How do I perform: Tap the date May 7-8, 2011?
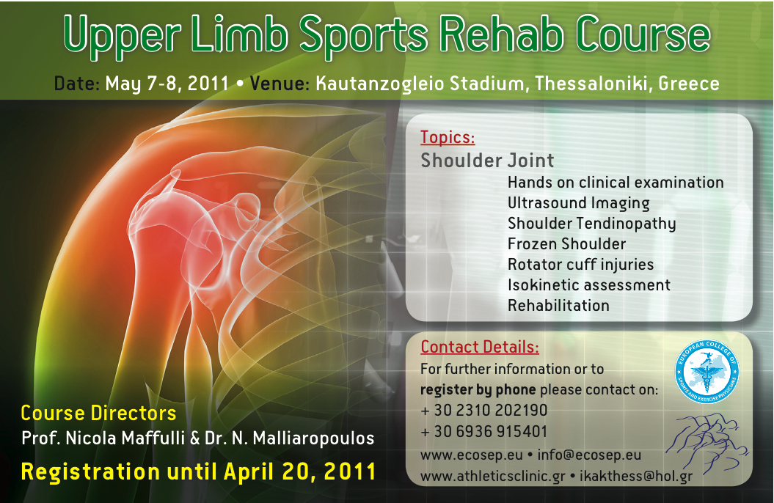167,84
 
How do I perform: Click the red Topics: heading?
448,138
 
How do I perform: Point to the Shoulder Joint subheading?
487,161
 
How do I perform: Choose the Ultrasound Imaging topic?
579,203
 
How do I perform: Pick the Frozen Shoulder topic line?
566,243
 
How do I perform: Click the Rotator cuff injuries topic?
580,265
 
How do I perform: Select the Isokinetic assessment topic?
589,285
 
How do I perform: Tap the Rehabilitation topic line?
558,306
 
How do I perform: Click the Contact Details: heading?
479,347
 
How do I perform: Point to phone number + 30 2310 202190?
483,411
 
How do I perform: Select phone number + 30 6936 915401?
483,432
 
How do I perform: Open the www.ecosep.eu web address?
472,455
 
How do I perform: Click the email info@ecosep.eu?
589,455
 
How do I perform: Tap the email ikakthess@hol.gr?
636,477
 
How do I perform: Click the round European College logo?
707,372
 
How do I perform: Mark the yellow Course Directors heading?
98,414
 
